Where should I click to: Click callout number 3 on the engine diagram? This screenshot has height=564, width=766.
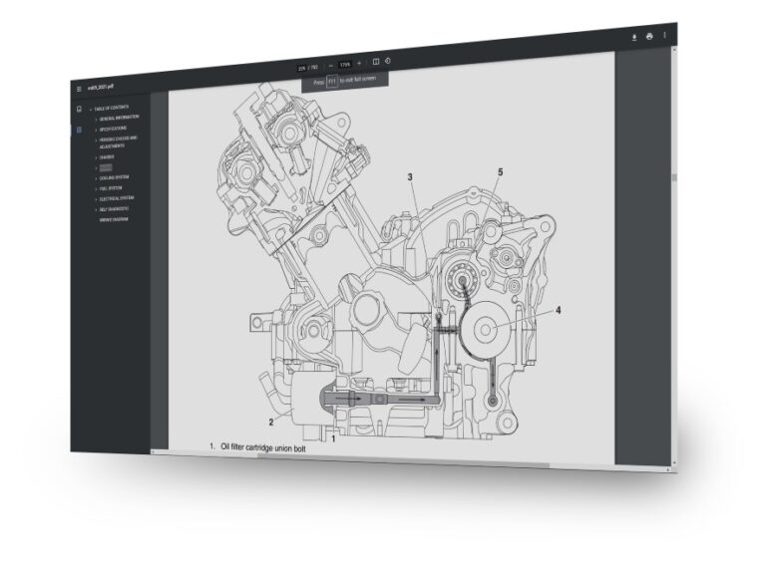(x=409, y=177)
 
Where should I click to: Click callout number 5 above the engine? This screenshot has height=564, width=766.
(x=500, y=172)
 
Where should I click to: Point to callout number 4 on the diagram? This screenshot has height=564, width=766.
(x=558, y=311)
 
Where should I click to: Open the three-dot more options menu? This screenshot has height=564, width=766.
(x=664, y=36)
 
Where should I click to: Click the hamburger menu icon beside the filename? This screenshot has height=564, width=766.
(x=80, y=89)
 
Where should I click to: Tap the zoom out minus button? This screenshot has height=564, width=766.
(x=331, y=65)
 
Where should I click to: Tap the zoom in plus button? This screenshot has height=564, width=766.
(x=359, y=63)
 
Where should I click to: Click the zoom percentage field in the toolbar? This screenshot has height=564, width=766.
(x=345, y=64)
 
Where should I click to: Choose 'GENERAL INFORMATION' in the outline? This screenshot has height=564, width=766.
(x=126, y=118)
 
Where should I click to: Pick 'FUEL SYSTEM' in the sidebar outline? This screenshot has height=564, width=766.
(x=111, y=188)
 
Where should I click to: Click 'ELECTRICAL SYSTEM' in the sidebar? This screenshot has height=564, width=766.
(x=118, y=199)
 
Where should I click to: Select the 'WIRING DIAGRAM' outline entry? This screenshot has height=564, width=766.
(x=115, y=219)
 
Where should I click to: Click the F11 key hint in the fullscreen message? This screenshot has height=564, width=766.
(x=333, y=82)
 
